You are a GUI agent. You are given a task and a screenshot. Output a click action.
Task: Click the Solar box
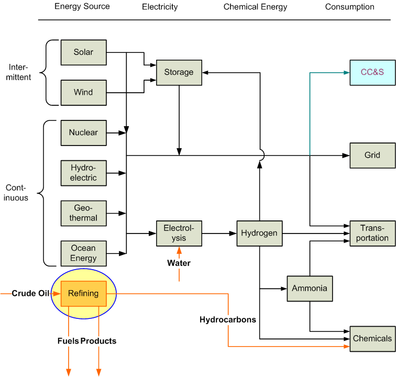pyautogui.click(x=83, y=52)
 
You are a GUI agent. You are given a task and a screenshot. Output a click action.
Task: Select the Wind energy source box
pyautogui.click(x=83, y=93)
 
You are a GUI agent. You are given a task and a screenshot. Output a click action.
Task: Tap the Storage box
pyautogui.click(x=179, y=72)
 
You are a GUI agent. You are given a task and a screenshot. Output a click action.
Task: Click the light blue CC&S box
pyautogui.click(x=372, y=72)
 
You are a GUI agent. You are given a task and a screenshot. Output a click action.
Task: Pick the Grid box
pyautogui.click(x=372, y=156)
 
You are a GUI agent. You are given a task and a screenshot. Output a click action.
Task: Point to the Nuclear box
pyautogui.click(x=83, y=132)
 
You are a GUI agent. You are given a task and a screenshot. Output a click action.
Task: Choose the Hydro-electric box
pyautogui.click(x=83, y=173)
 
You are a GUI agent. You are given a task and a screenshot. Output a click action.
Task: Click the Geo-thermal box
pyautogui.click(x=83, y=213)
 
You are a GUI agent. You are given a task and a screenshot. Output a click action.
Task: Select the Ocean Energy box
pyautogui.click(x=83, y=253)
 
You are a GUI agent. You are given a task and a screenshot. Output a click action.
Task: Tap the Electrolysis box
pyautogui.click(x=179, y=233)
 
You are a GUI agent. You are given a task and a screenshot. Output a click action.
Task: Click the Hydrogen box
pyautogui.click(x=259, y=233)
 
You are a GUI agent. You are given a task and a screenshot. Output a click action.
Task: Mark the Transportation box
pyautogui.click(x=372, y=233)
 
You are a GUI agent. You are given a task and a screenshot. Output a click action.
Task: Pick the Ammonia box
pyautogui.click(x=310, y=289)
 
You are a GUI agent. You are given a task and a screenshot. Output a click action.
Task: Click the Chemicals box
pyautogui.click(x=372, y=338)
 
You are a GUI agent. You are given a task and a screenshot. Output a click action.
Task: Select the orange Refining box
pyautogui.click(x=83, y=294)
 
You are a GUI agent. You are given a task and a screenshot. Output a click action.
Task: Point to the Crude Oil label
pyautogui.click(x=30, y=294)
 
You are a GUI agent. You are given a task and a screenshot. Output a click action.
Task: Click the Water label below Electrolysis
pyautogui.click(x=179, y=263)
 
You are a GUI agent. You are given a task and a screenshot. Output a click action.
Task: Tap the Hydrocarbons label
pyautogui.click(x=227, y=319)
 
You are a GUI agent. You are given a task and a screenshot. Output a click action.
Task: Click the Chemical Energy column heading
pyautogui.click(x=255, y=7)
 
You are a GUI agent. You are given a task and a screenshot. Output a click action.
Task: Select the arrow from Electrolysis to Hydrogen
pyautogui.click(x=219, y=233)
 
